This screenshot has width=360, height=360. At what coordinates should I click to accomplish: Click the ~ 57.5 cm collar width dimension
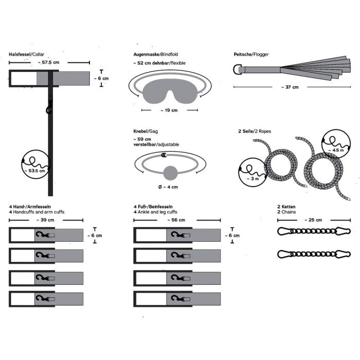(x=48, y=62)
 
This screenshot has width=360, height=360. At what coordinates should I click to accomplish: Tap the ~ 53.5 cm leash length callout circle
(x=35, y=165)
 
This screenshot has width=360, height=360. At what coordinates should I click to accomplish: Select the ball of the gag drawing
(x=171, y=173)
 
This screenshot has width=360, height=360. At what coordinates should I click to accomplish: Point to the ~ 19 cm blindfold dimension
(x=169, y=110)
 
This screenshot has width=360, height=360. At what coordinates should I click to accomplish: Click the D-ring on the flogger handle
(x=238, y=69)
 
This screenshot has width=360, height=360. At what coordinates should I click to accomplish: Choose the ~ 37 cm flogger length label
(x=290, y=87)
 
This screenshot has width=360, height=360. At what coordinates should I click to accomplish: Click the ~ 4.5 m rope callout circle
(x=336, y=143)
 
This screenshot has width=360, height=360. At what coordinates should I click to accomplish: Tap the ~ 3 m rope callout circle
(x=253, y=172)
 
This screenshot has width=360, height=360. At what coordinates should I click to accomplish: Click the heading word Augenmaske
(x=146, y=55)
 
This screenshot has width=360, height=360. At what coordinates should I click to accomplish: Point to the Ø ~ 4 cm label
(x=168, y=187)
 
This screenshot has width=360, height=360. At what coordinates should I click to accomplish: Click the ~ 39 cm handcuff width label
(x=45, y=220)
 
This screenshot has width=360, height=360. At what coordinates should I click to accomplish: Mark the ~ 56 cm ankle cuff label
(x=176, y=220)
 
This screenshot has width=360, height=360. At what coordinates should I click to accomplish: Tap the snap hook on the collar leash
(x=49, y=107)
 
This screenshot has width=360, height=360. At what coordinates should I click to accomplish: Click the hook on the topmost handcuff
(x=43, y=235)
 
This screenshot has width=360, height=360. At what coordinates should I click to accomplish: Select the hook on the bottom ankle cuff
(x=178, y=298)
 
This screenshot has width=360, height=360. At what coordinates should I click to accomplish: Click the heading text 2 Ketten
(x=286, y=207)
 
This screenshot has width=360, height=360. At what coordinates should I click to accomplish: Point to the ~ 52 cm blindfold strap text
(x=159, y=63)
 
